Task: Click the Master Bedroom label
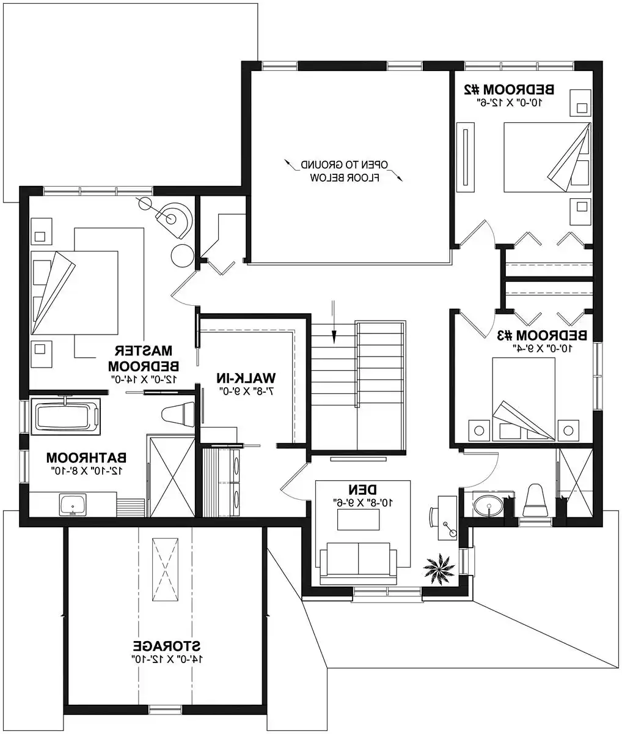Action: coord(144,358)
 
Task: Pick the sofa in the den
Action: coord(358,558)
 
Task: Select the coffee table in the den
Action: coord(359,520)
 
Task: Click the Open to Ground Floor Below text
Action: coord(346,171)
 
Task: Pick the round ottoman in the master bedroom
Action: coord(182,255)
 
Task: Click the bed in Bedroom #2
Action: coord(546,157)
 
